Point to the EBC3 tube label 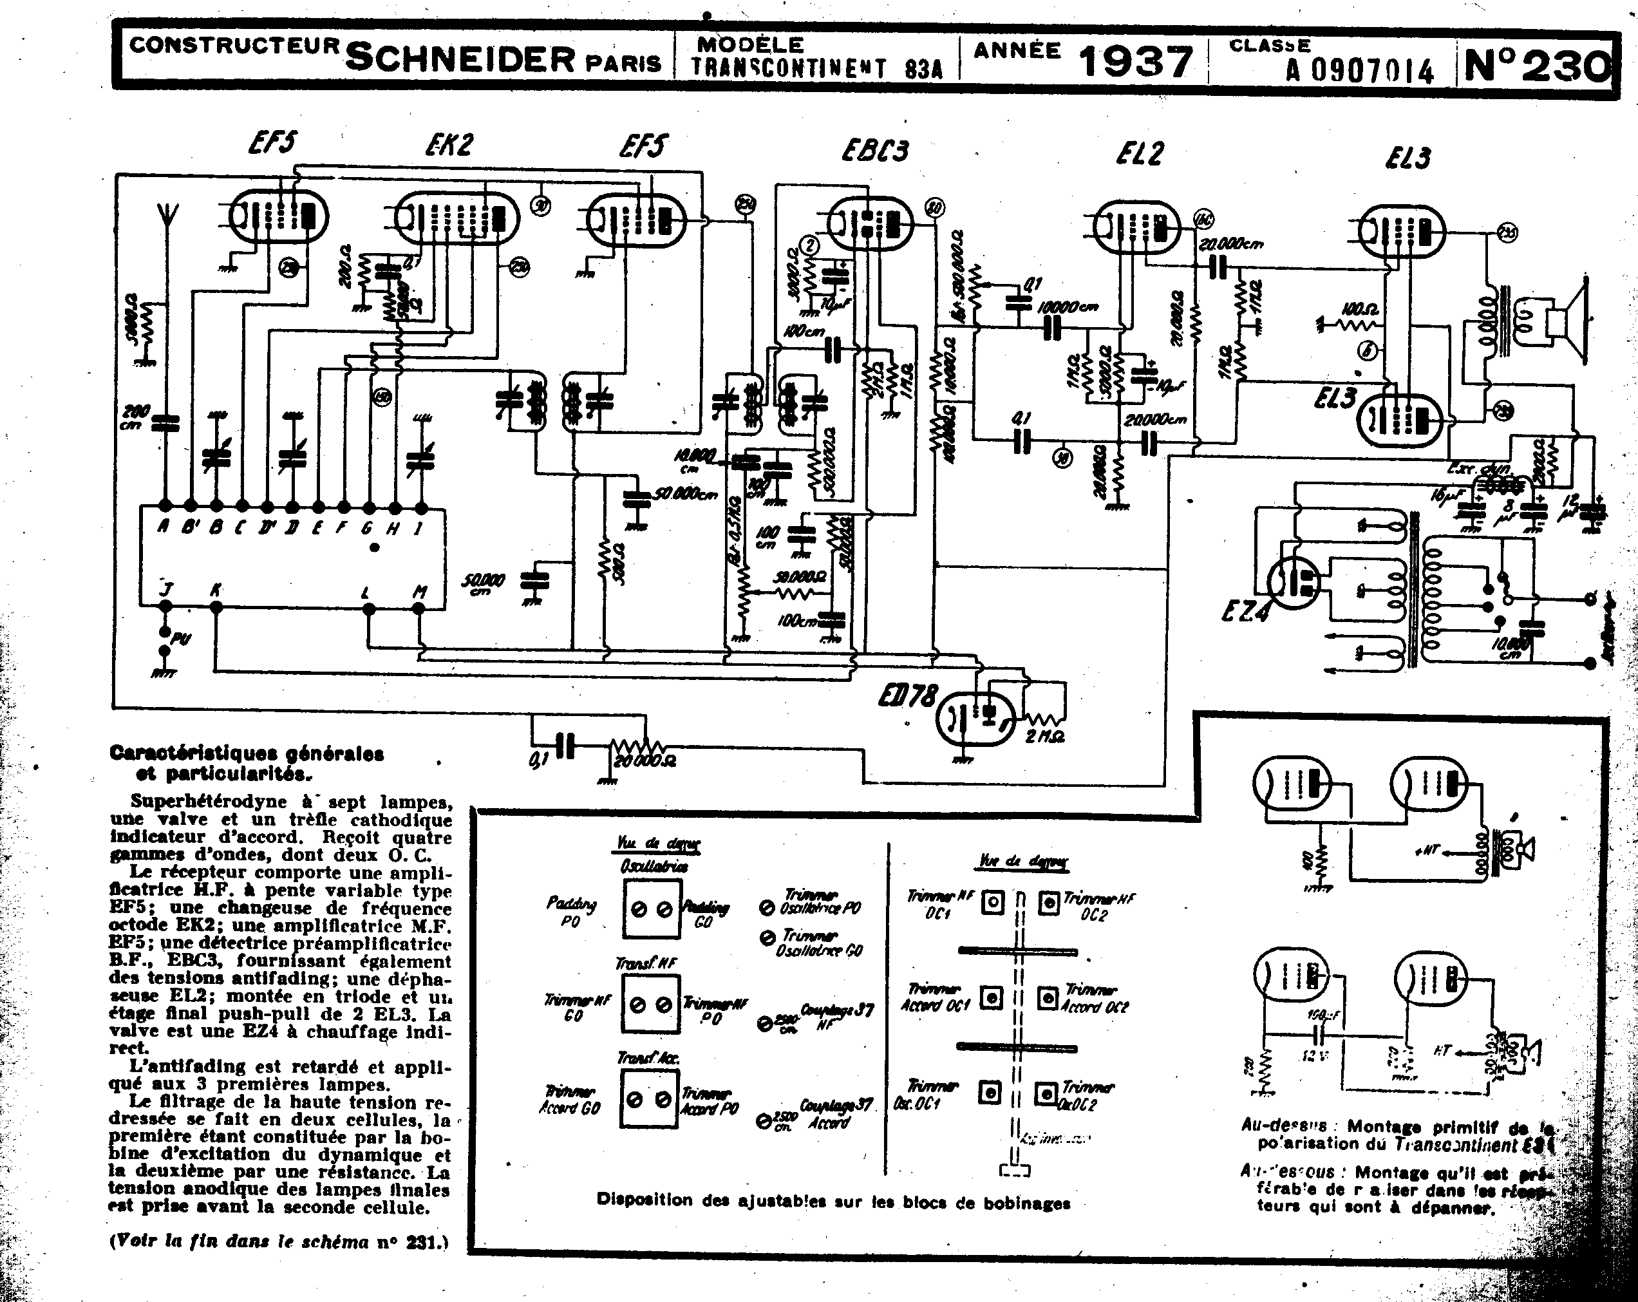pos(874,151)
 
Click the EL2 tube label pos(1140,154)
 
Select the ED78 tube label pos(907,697)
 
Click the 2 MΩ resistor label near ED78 pos(1044,736)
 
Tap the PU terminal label pos(181,639)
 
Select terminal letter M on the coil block pos(419,592)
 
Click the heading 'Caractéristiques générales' pos(247,753)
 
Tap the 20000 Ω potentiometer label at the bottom pos(645,760)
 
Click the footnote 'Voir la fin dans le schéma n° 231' pos(279,1242)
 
